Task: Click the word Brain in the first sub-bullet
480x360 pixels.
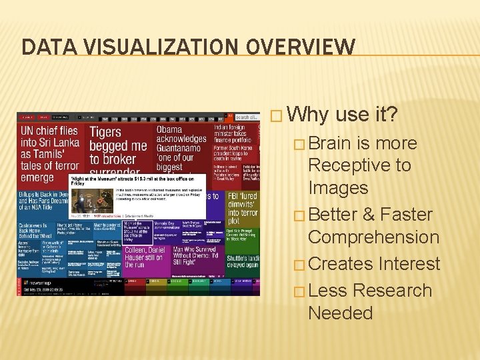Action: point(332,143)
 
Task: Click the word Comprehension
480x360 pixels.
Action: point(373,237)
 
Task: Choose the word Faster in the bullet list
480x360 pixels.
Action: point(409,215)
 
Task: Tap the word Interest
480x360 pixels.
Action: point(409,264)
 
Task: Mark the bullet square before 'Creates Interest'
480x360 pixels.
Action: point(300,265)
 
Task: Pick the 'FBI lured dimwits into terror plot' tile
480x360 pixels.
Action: point(242,207)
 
